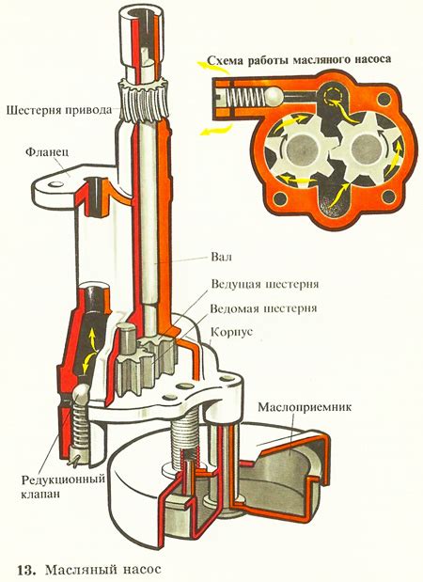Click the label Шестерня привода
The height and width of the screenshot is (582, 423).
(x=55, y=108)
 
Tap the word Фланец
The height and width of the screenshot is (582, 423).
(x=45, y=150)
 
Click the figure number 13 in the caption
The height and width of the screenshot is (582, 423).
(x=25, y=569)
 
